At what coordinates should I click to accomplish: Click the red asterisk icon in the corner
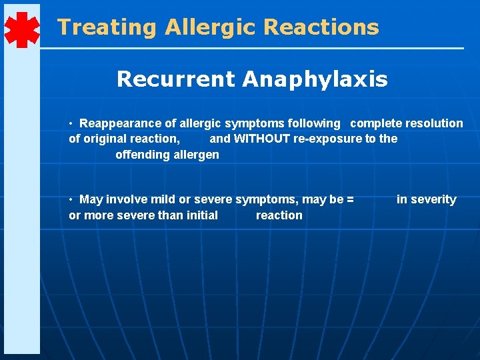pos(22,30)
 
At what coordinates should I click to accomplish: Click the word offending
pos(141,155)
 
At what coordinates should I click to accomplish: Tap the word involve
pos(127,199)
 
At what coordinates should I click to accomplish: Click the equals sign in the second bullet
pos(351,199)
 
